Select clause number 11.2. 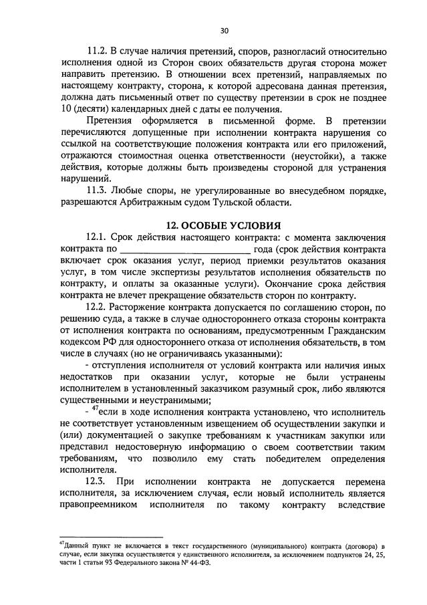click(98, 51)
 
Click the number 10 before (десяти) click(65, 110)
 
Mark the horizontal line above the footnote click(110, 536)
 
